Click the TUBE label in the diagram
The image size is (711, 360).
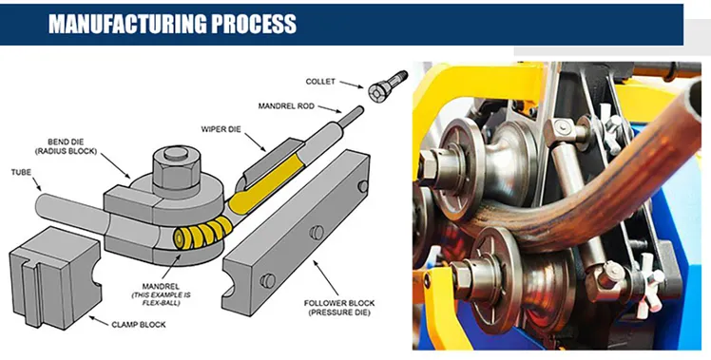(x=21, y=172)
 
